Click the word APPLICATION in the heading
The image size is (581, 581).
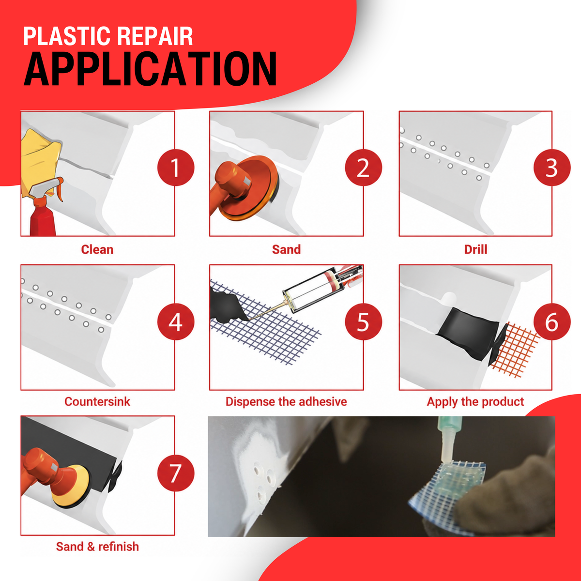pos(150,69)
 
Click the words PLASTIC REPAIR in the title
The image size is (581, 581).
pos(108,36)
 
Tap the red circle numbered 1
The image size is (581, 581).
pos(176,168)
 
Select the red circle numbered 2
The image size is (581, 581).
pos(363,168)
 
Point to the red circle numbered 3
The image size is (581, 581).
pos(552,168)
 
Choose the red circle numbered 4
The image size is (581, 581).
pos(176,321)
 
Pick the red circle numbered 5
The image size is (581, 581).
pos(363,321)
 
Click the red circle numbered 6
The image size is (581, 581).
pos(552,321)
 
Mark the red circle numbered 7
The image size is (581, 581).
pos(176,473)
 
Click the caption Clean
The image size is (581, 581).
pos(97,250)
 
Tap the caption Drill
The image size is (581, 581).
pos(475,250)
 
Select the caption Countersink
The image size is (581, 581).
pos(97,401)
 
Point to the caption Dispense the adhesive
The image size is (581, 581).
pos(286,401)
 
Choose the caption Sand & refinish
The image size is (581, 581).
pos(97,546)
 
